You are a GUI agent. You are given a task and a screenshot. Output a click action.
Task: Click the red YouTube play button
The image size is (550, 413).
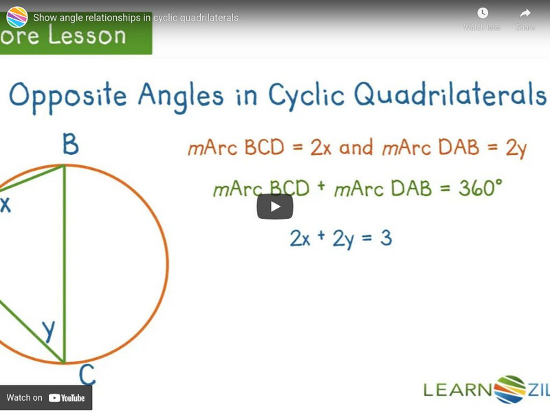pyautogui.click(x=275, y=206)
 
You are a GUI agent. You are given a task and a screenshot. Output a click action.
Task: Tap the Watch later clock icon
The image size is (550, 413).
pyautogui.click(x=483, y=14)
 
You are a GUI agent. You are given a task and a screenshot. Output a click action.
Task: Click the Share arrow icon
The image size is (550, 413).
pyautogui.click(x=525, y=14)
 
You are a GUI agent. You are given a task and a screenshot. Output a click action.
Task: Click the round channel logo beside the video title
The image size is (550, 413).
pyautogui.click(x=16, y=17)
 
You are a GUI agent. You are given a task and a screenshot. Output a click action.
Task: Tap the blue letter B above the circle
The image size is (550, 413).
pyautogui.click(x=69, y=146)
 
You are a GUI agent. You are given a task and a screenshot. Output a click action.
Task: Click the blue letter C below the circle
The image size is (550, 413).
pyautogui.click(x=87, y=375)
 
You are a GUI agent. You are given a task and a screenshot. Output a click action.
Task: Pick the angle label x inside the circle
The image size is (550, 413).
pyautogui.click(x=5, y=204)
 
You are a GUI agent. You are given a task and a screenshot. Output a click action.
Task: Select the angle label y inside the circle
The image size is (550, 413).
pyautogui.click(x=48, y=330)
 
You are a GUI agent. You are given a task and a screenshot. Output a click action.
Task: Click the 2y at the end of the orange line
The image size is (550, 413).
pyautogui.click(x=516, y=148)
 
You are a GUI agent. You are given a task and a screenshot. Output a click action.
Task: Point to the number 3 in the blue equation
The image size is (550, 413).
pyautogui.click(x=386, y=238)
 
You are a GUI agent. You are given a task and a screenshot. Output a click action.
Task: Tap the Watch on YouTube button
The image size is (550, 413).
pyautogui.click(x=45, y=398)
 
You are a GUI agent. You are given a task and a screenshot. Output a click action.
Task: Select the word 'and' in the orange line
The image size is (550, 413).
pyautogui.click(x=355, y=148)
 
